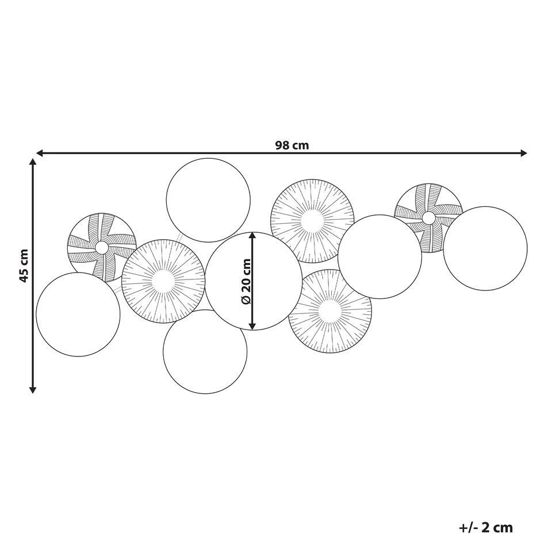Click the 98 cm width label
(x=292, y=145)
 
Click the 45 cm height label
(x=24, y=266)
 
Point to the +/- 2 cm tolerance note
(x=486, y=527)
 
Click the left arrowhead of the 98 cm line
(x=40, y=153)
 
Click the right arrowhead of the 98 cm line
(x=524, y=153)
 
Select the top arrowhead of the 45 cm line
(x=33, y=162)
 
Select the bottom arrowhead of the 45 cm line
(x=33, y=389)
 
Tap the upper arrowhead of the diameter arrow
(x=252, y=236)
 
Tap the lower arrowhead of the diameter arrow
(x=252, y=326)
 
